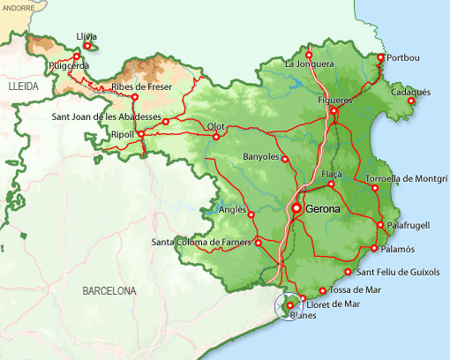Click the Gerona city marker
pyautogui.click(x=297, y=209)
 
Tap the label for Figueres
pyautogui.click(x=334, y=101)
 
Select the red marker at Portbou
pyautogui.click(x=381, y=58)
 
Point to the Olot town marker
pyautogui.click(x=216, y=137)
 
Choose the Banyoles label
pyautogui.click(x=260, y=157)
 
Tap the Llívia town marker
pyautogui.click(x=87, y=45)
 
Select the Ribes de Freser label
pyautogui.click(x=141, y=86)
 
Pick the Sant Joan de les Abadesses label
pyautogui.click(x=106, y=116)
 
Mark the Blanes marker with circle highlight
pyautogui.click(x=289, y=305)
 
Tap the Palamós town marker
pyautogui.click(x=376, y=249)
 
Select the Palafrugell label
pyautogui.click(x=409, y=226)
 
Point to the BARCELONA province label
pyautogui.click(x=109, y=290)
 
